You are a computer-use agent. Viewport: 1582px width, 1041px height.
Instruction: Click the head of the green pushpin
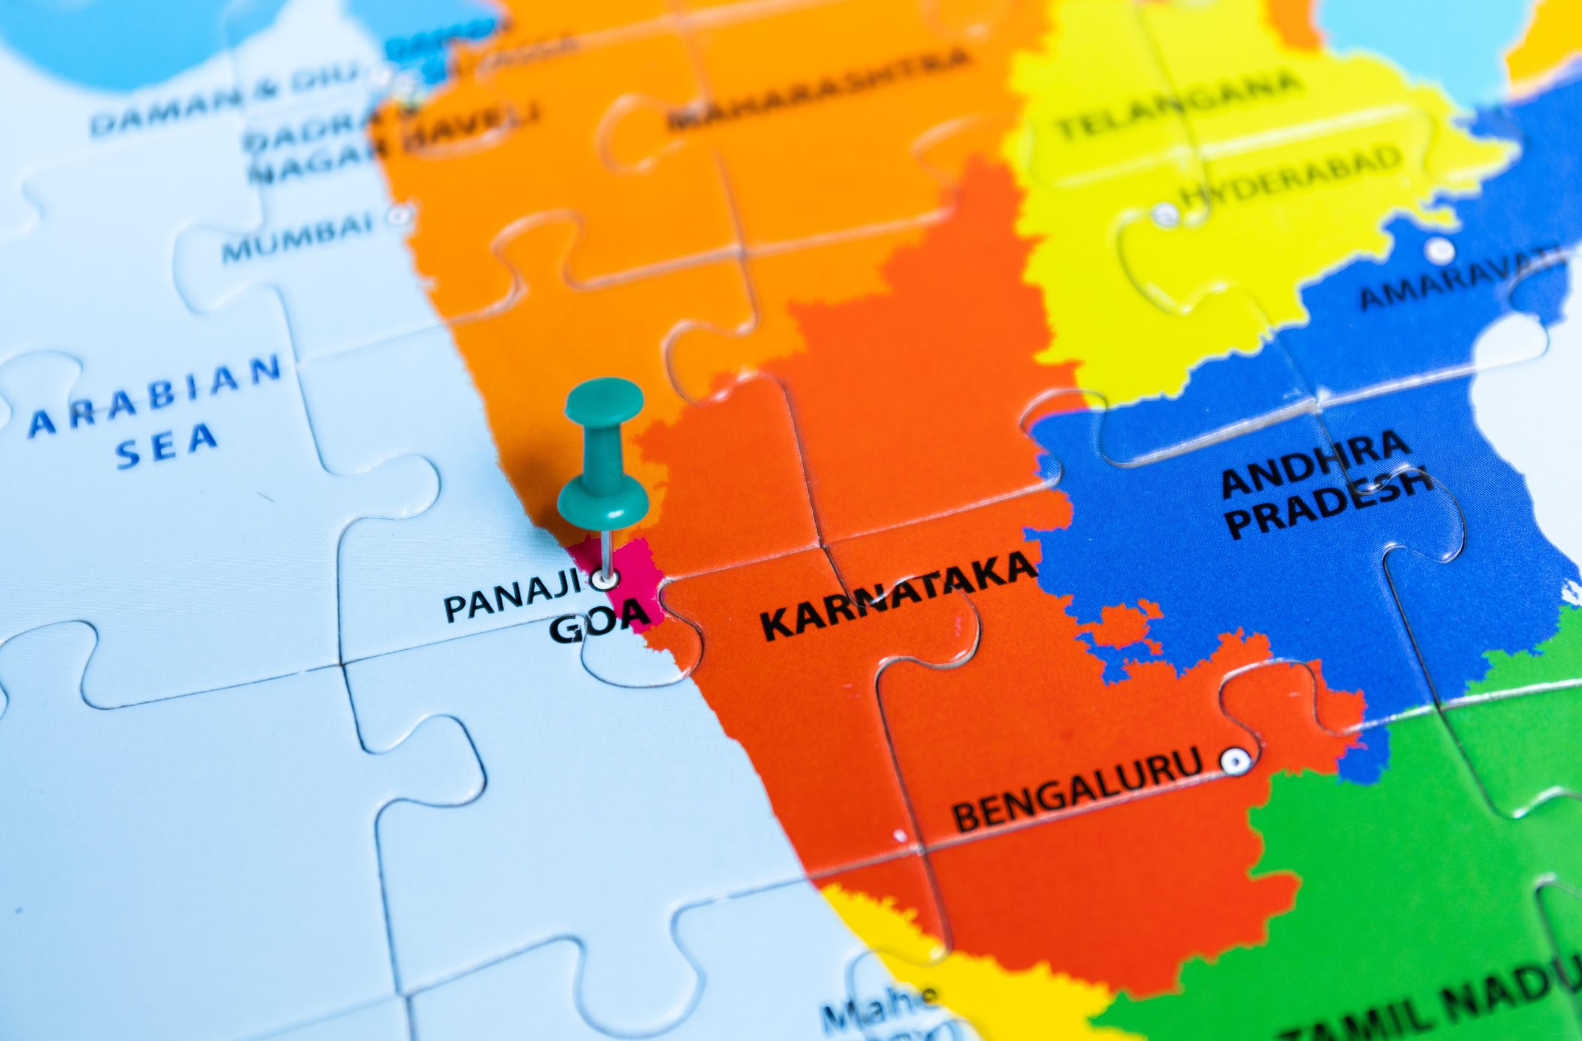point(603,399)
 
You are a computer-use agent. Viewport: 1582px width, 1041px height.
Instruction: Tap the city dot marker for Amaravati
point(1440,251)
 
